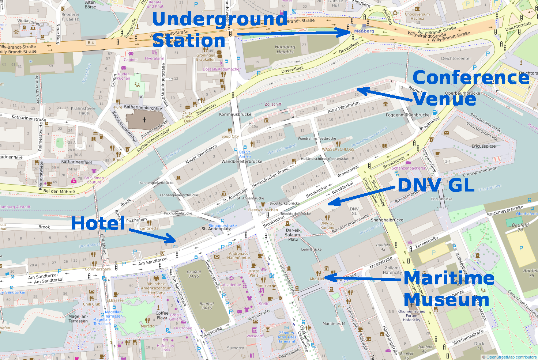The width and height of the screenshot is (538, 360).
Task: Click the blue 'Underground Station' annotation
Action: tap(219, 29)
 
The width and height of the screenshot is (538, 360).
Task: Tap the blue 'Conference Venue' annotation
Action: tap(471, 88)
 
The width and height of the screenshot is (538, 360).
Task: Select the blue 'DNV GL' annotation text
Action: tap(436, 185)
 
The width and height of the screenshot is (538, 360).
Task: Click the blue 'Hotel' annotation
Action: tap(98, 223)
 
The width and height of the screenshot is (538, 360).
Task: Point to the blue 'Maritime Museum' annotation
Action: tap(449, 289)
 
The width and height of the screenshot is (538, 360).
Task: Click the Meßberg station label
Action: tap(364, 31)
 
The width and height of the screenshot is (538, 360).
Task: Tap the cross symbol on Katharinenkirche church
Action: tap(144, 120)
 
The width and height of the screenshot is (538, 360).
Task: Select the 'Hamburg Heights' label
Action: tap(285, 49)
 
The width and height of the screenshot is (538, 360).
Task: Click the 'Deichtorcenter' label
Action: tap(456, 58)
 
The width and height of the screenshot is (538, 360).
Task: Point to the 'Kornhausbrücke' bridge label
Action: tap(235, 114)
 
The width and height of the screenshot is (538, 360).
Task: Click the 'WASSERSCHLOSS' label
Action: tap(338, 149)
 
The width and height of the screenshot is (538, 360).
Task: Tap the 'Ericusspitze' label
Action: tap(484, 146)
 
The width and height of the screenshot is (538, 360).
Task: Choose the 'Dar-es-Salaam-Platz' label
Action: tap(293, 235)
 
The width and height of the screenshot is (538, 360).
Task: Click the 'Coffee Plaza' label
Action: tap(162, 315)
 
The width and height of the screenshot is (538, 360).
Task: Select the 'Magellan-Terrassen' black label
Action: tap(78, 319)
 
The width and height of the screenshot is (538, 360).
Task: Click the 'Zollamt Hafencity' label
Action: tap(392, 270)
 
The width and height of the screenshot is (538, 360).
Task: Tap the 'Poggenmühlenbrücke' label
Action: tap(407, 115)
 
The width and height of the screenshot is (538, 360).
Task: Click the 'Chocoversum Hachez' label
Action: tap(417, 16)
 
